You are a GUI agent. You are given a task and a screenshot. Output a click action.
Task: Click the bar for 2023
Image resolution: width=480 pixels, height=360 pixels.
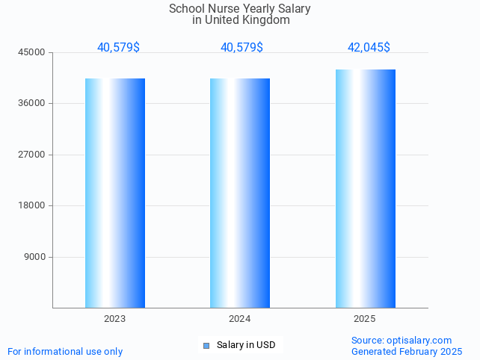click(115, 193)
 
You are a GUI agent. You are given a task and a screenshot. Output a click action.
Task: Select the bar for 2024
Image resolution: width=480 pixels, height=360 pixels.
click(240, 193)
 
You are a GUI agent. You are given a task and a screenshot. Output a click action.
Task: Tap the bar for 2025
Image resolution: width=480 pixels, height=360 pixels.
click(365, 188)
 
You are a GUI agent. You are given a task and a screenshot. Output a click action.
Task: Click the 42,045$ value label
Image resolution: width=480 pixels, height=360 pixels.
click(369, 48)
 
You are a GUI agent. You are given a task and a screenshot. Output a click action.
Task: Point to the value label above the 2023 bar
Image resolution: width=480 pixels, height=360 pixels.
click(118, 48)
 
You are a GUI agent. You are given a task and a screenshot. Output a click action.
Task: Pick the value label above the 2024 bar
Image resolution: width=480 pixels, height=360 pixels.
click(241, 48)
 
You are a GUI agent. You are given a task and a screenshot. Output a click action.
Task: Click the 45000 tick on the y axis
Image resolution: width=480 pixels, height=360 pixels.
click(32, 52)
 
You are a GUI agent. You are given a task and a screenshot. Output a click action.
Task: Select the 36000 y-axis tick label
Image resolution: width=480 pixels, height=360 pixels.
click(32, 104)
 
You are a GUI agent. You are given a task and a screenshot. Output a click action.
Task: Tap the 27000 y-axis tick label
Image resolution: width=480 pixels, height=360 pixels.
click(32, 155)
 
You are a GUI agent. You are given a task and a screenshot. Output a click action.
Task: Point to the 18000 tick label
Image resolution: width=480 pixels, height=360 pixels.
click(32, 206)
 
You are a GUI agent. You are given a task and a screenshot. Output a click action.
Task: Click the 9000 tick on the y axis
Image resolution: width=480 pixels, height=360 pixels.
click(34, 257)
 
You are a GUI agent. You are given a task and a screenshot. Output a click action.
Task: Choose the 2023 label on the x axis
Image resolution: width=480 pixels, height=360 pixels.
click(114, 319)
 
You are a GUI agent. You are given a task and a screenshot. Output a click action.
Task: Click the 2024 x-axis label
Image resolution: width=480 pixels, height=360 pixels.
click(240, 319)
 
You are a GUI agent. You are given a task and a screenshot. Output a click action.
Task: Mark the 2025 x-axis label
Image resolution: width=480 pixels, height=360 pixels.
click(365, 319)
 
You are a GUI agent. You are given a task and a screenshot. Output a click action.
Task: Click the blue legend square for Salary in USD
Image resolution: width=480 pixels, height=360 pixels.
click(206, 345)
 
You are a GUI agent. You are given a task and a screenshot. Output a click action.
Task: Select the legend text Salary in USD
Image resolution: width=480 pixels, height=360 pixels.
click(246, 345)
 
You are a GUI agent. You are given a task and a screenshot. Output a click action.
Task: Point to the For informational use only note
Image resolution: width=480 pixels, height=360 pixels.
click(65, 352)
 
